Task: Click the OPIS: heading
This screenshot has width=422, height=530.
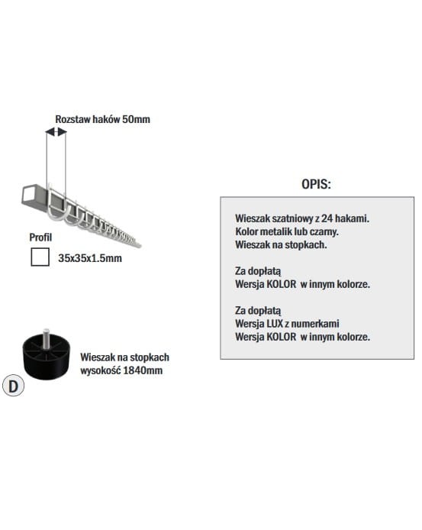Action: click(316, 184)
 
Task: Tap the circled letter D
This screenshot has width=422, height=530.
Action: click(13, 386)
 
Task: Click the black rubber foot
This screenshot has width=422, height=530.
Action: click(47, 357)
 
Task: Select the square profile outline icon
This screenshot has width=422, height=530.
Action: click(40, 257)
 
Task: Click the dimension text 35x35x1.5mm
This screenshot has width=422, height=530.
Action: click(90, 258)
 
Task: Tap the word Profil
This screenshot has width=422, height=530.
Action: click(40, 238)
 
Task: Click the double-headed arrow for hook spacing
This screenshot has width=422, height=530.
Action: click(56, 131)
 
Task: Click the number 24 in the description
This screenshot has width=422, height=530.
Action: click(327, 218)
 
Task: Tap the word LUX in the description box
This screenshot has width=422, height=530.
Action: click(275, 324)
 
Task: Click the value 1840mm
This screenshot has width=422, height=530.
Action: click(143, 370)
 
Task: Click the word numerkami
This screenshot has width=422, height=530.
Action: click(315, 324)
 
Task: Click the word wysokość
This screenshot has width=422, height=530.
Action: click(100, 370)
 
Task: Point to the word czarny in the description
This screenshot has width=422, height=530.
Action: click(326, 231)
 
